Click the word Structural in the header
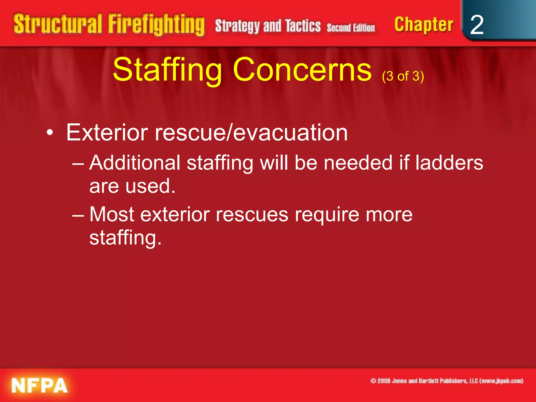(58, 24)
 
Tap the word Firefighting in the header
(156, 25)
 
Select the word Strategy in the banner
(237, 26)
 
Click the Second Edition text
(351, 27)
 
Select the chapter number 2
(477, 25)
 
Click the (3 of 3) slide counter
(403, 76)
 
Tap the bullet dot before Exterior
(50, 133)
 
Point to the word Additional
(135, 163)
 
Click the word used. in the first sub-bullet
(150, 186)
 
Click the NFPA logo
(40, 386)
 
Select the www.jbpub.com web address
(501, 381)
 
